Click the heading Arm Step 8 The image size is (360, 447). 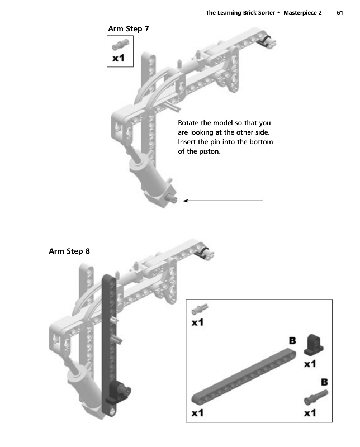click(x=69, y=251)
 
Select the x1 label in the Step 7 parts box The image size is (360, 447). click(x=119, y=58)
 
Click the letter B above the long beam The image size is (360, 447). click(x=292, y=340)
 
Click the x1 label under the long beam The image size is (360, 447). click(x=198, y=413)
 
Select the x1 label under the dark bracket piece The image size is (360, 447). click(x=311, y=363)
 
